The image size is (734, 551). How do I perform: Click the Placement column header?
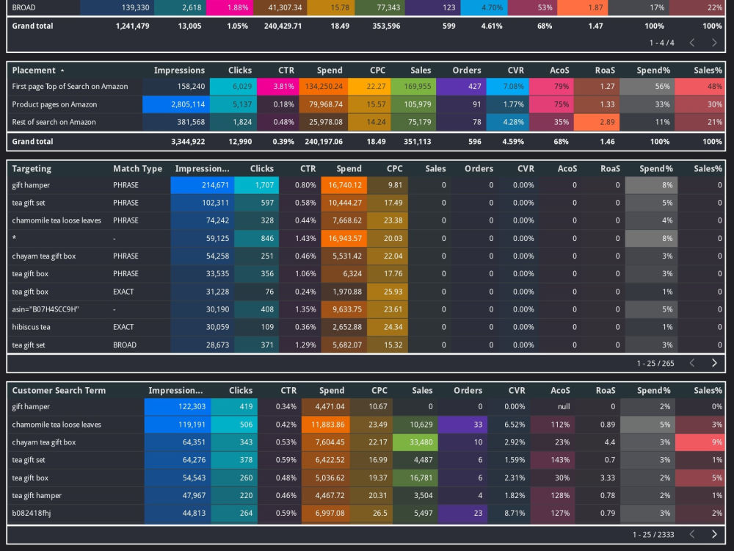(34, 71)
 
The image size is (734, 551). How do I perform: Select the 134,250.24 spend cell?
(324, 86)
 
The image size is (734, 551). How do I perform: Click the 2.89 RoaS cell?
(597, 122)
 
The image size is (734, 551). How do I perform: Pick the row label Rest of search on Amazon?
(54, 122)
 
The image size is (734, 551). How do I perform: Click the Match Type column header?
(138, 169)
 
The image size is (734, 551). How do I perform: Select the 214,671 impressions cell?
(203, 185)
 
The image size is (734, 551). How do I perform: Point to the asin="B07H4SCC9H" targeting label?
(46, 309)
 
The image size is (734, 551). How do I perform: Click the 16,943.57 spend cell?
(344, 238)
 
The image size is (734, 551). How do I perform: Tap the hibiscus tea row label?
(31, 327)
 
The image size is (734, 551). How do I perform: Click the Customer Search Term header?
(59, 390)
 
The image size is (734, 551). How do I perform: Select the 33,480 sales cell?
(415, 442)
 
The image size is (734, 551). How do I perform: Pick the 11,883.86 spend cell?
(325, 425)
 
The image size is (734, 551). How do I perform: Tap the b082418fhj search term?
(32, 513)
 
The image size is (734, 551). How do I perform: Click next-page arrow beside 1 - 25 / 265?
(714, 363)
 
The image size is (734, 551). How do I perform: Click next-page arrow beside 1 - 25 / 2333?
(714, 534)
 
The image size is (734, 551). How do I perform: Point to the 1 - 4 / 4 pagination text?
(661, 43)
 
